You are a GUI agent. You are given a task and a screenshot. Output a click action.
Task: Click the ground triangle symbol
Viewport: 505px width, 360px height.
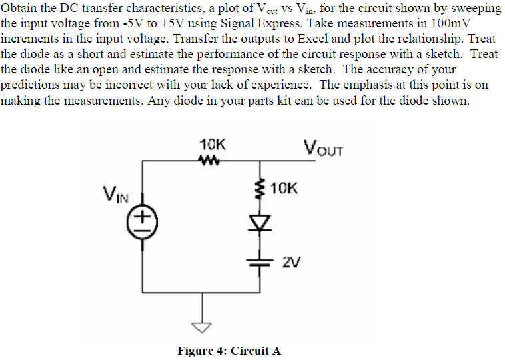click(x=203, y=326)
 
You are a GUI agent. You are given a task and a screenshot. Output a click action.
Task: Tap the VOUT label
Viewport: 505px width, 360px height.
click(x=322, y=147)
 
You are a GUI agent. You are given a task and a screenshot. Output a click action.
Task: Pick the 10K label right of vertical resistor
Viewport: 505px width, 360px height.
click(x=286, y=189)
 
